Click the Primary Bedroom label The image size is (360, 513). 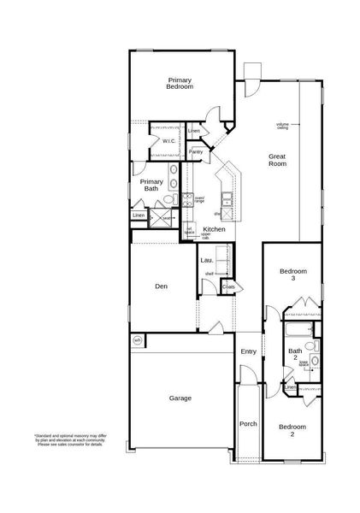tap(180, 83)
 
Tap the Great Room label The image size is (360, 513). tap(277, 160)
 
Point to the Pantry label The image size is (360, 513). tap(196, 151)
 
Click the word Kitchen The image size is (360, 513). tap(214, 229)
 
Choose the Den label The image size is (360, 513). tap(161, 286)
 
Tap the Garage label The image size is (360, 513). tap(180, 398)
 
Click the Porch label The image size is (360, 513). tap(248, 423)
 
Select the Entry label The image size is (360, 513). tap(248, 351)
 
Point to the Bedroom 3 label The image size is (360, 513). tap(293, 274)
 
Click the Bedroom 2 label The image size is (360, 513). tap(292, 430)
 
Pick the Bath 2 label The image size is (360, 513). tap(295, 354)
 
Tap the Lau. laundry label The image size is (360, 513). tap(206, 259)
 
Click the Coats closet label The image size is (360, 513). tap(228, 287)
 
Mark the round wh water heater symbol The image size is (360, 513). tap(137, 340)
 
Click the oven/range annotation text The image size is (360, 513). tap(199, 200)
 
